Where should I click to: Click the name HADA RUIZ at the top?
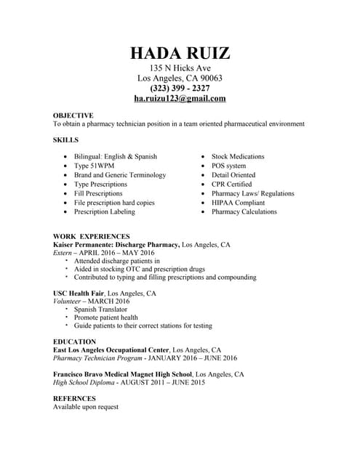180,53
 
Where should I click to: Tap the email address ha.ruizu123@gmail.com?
180,99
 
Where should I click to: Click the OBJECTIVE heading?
73,116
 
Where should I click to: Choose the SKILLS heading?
65,139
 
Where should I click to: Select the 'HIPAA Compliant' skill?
238,203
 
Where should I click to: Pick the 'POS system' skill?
228,166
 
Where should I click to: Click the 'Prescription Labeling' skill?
104,212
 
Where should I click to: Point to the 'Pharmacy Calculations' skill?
244,212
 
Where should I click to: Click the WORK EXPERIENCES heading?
92,236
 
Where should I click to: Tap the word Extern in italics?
63,254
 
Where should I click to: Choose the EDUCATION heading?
74,341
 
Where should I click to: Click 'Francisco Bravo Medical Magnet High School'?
122,374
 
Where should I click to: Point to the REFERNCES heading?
74,399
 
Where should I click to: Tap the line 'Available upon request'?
86,408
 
